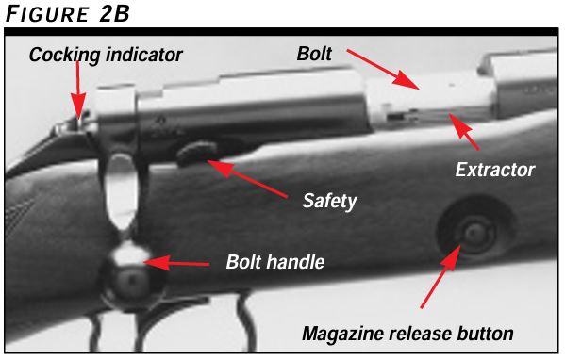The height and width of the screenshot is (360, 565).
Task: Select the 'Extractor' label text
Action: pos(495,171)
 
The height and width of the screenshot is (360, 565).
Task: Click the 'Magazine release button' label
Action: pos(407,334)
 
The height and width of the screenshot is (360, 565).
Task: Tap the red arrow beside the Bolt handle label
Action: pos(180,260)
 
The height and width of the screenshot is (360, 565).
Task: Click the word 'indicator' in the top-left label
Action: pos(144,55)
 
